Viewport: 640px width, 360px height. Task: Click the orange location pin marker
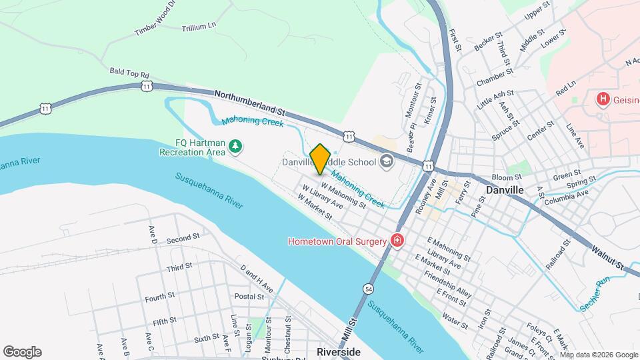click(321, 159)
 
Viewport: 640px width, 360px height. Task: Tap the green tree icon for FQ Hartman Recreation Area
click(235, 146)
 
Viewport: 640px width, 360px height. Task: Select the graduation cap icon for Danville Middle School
click(386, 161)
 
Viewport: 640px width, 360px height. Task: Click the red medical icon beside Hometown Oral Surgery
click(397, 240)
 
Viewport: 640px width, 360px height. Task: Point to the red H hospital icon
click(603, 99)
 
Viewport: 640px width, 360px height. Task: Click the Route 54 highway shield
click(368, 289)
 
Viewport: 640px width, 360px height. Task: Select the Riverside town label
click(339, 352)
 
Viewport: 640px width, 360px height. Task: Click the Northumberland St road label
click(249, 103)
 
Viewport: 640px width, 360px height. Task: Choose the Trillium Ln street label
click(199, 27)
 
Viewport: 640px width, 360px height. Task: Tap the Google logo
click(22, 352)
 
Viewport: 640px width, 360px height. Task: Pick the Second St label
click(183, 238)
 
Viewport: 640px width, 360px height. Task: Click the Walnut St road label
click(609, 257)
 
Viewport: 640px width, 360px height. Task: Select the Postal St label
click(249, 296)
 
